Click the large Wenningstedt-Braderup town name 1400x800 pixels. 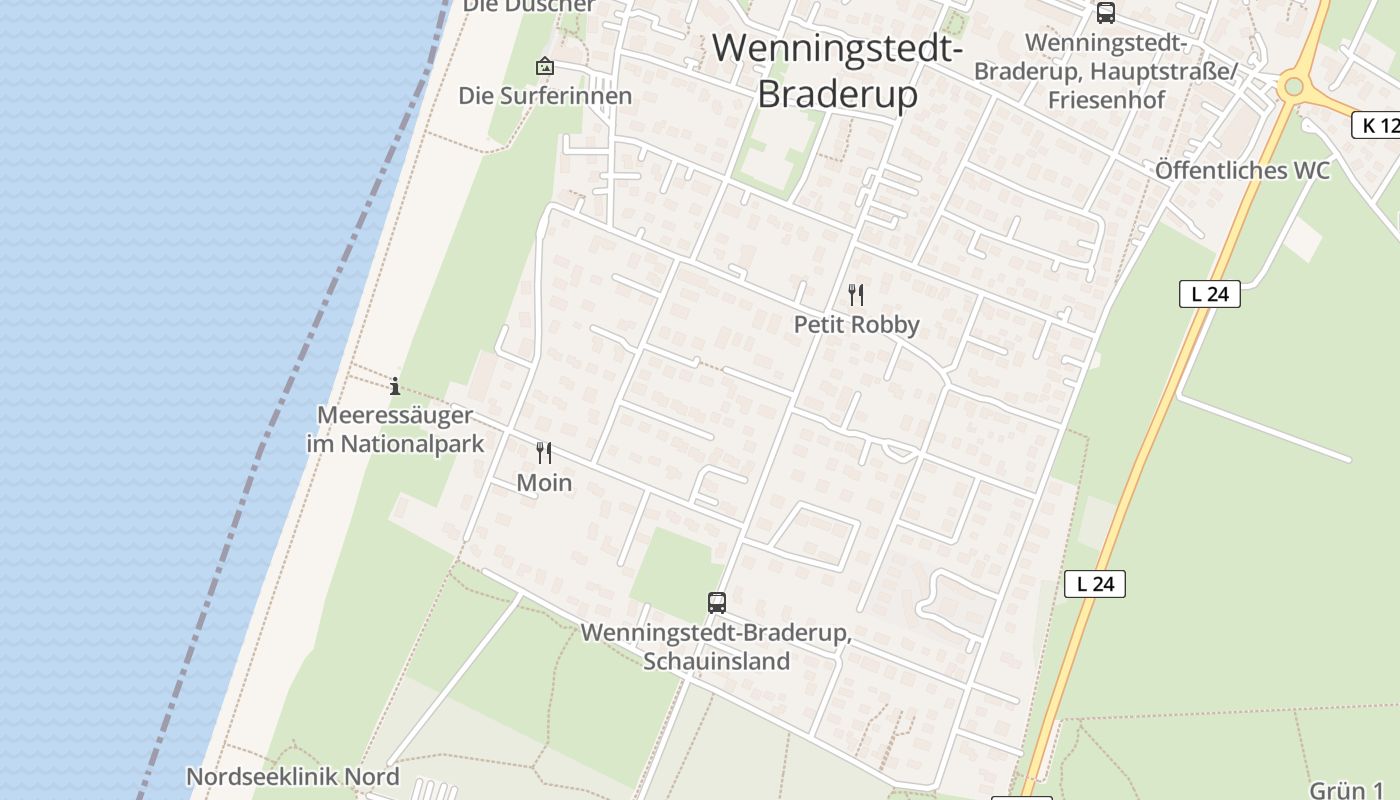click(x=837, y=70)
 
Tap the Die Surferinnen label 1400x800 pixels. click(x=545, y=96)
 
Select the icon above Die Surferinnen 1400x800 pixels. click(x=545, y=67)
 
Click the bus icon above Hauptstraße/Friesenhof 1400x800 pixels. click(x=1105, y=13)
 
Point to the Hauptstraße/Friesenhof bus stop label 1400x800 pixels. click(x=1105, y=72)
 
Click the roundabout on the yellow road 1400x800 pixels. click(x=1294, y=87)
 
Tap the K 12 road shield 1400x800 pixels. click(x=1376, y=125)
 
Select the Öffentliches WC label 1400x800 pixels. click(x=1242, y=170)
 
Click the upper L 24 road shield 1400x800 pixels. click(x=1209, y=294)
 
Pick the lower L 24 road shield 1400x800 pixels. click(x=1095, y=584)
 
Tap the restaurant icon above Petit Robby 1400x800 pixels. click(x=855, y=295)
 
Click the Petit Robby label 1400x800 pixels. click(x=856, y=325)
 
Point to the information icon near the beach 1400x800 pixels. click(x=395, y=385)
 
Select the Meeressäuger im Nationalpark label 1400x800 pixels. click(x=395, y=429)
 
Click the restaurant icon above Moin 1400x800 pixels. click(x=544, y=453)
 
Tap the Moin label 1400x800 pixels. click(x=544, y=483)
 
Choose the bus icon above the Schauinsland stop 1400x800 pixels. click(x=716, y=602)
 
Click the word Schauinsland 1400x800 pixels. click(x=716, y=661)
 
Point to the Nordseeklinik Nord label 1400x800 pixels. click(x=293, y=777)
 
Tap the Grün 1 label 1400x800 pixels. click(x=1346, y=790)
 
